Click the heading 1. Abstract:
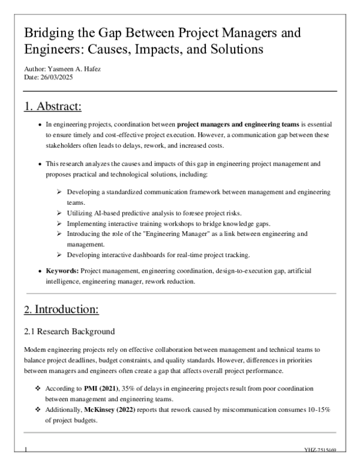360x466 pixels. click(53, 107)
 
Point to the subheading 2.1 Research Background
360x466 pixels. click(69, 331)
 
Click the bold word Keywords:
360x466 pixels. click(62, 271)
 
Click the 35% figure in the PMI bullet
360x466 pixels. click(124, 389)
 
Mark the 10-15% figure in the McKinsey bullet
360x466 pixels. click(316, 408)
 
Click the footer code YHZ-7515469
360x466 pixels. click(320, 449)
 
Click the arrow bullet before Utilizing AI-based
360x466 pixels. click(59, 213)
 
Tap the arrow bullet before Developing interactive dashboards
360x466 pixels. click(59, 255)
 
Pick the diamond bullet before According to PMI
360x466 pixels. click(38, 389)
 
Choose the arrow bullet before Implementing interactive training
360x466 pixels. click(59, 223)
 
